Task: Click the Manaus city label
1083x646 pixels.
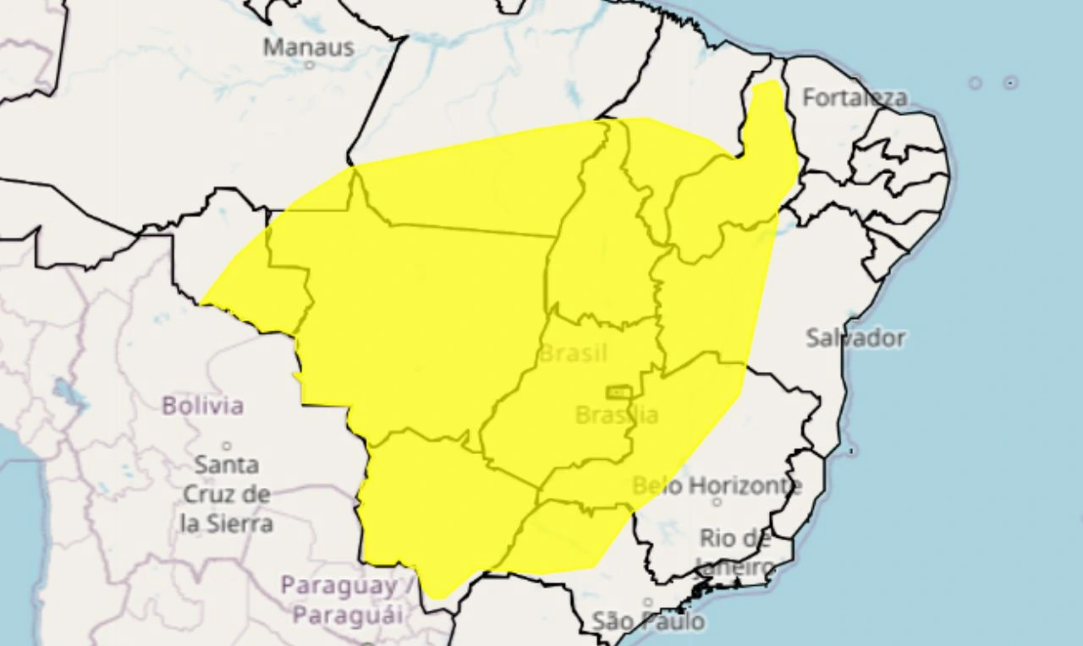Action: click(308, 47)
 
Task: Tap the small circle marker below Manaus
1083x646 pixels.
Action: click(309, 65)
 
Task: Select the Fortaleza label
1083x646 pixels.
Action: click(854, 98)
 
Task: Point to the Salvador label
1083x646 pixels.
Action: click(855, 338)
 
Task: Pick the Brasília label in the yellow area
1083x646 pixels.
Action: click(616, 414)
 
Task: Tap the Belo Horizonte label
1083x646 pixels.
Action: click(717, 485)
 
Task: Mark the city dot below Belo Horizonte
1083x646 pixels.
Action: click(717, 502)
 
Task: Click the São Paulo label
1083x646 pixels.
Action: click(647, 621)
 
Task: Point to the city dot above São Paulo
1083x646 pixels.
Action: click(647, 603)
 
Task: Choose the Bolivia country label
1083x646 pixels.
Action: click(202, 406)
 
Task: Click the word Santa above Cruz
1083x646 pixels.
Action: click(227, 464)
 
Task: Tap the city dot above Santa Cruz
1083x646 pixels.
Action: click(226, 446)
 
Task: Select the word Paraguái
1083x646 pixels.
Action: click(347, 616)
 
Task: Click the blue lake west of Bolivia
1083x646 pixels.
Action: click(63, 392)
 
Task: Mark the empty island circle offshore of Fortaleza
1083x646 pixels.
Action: click(975, 83)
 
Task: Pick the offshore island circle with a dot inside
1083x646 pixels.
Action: click(1010, 83)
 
